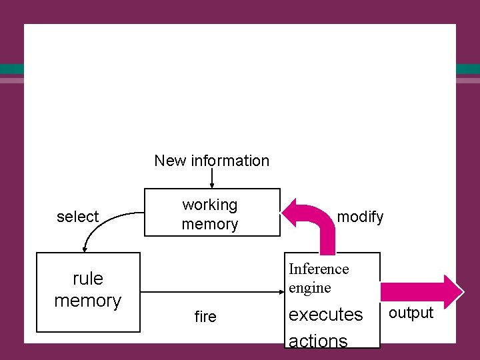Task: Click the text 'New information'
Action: point(211,161)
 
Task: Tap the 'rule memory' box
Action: point(87,291)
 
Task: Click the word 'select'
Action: point(77,217)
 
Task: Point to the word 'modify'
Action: point(360,217)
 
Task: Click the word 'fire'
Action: point(205,317)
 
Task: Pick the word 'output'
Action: point(411,313)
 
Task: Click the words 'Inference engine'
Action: point(319,278)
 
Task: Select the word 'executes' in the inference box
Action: point(325,314)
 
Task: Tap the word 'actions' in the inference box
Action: point(318,340)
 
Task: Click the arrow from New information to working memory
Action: point(212,179)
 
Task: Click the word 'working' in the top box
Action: point(210,205)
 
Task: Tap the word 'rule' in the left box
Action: point(88,278)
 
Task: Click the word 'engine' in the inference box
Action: point(309,287)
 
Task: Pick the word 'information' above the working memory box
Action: point(230,161)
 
